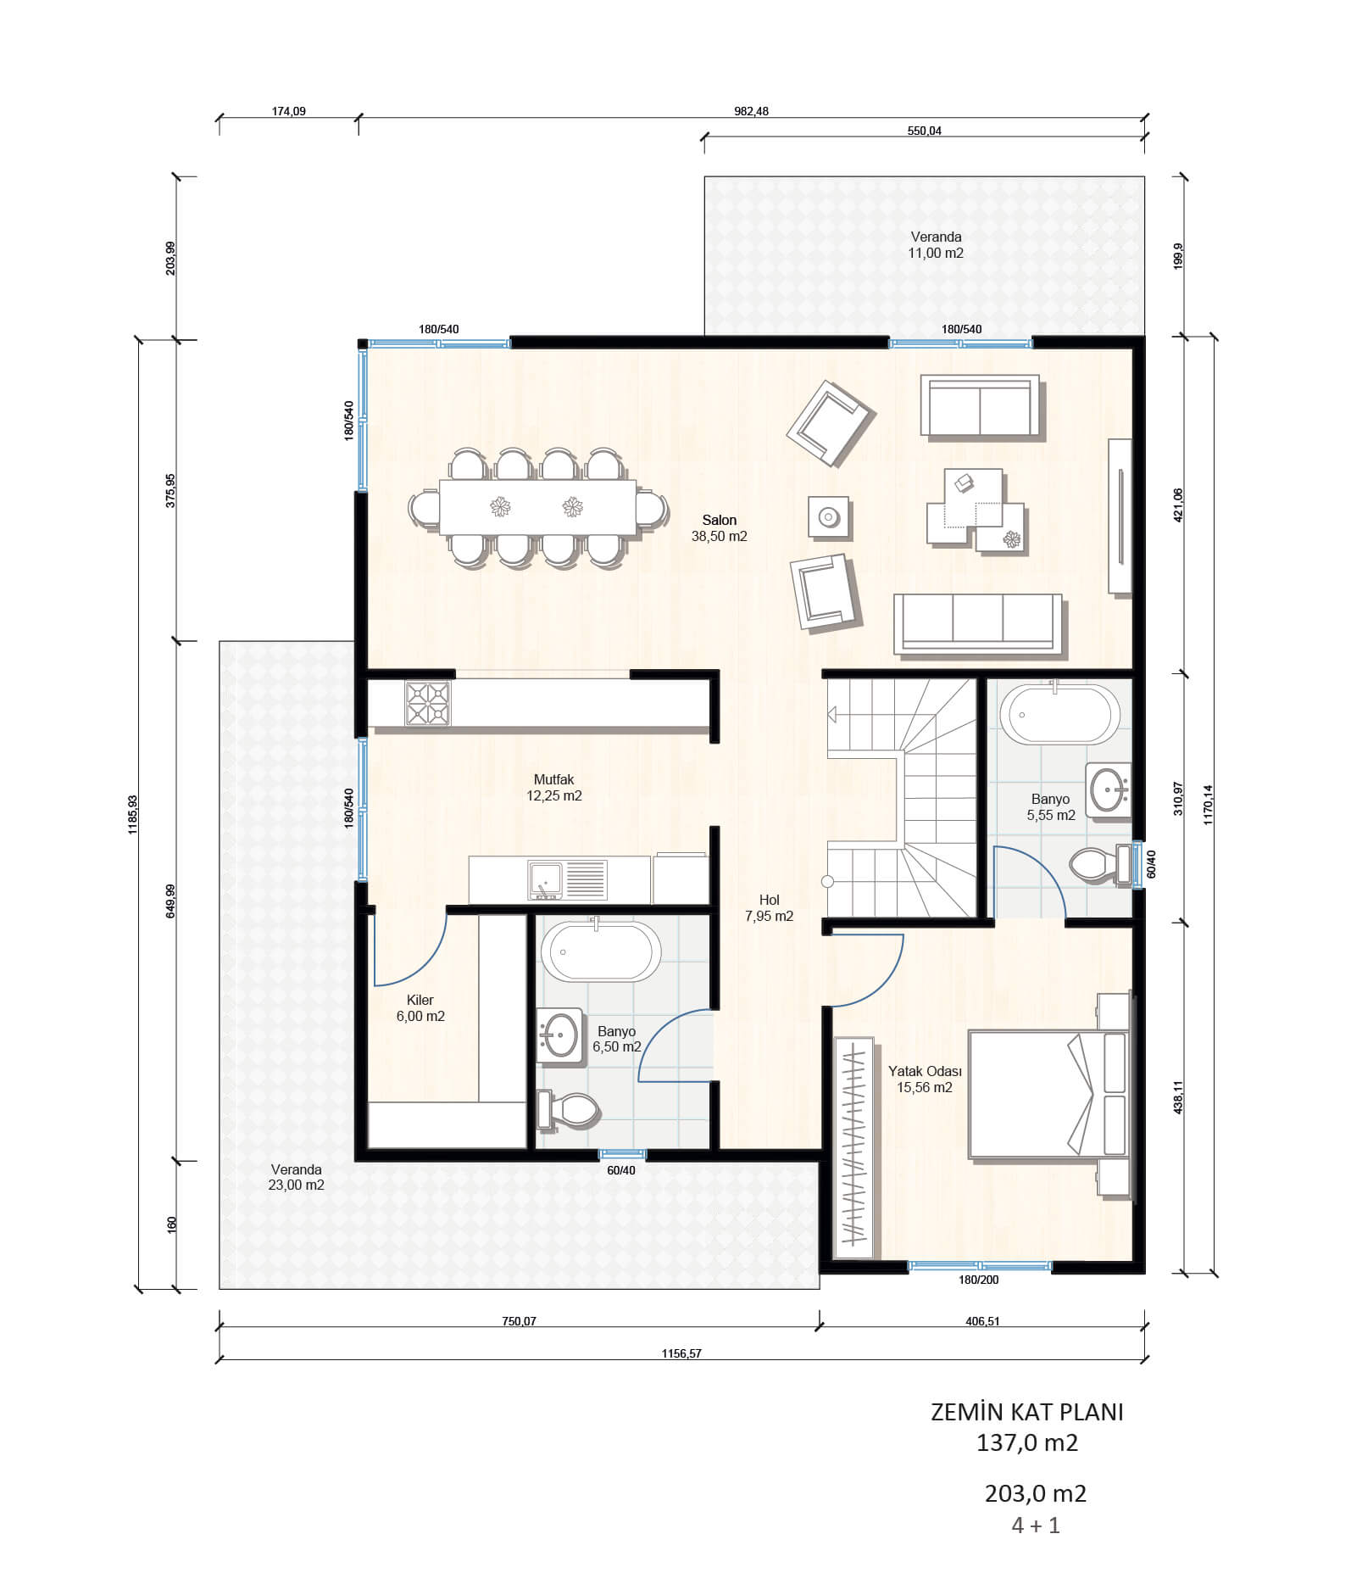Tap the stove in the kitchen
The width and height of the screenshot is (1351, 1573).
tap(427, 703)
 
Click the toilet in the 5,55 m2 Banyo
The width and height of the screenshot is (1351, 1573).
tap(1099, 865)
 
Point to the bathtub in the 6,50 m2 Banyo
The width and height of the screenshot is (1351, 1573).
tap(601, 951)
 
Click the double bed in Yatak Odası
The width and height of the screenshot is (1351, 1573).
tap(1049, 1094)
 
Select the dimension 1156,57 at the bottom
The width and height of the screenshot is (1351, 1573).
tap(681, 1353)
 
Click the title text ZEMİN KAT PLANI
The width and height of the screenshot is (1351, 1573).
tap(1027, 1412)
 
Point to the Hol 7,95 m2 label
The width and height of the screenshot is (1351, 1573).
tap(769, 908)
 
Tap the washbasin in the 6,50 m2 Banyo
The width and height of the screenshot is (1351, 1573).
tap(559, 1035)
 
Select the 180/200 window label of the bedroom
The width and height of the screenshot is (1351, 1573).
tap(979, 1280)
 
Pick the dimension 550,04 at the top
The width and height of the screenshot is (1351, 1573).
tap(924, 131)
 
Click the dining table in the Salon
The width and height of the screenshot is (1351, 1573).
tap(537, 507)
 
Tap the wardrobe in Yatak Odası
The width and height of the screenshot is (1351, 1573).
tap(853, 1147)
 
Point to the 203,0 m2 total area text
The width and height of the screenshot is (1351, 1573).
tap(1036, 1493)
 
